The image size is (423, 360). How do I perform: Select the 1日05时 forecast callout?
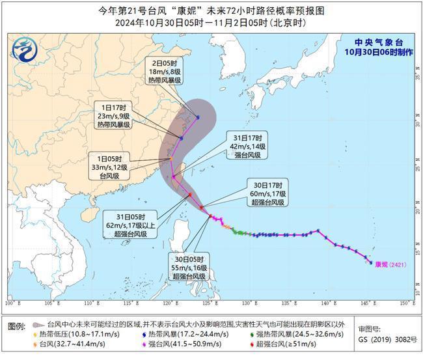(112, 167)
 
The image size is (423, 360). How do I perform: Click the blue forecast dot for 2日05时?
(197, 117)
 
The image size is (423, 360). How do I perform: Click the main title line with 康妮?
(211, 11)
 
